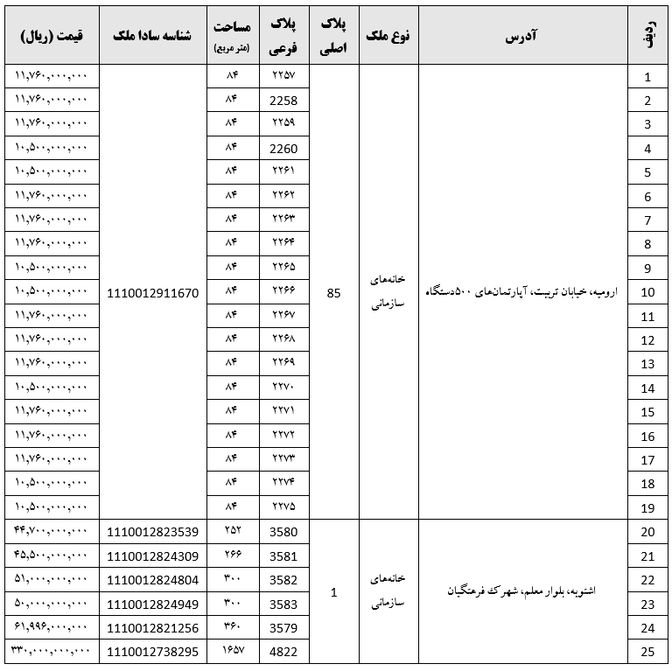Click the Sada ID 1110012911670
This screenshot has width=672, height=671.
pyautogui.click(x=153, y=293)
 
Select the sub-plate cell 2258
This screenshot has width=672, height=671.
pyautogui.click(x=284, y=101)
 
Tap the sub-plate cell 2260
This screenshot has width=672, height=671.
pyautogui.click(x=284, y=149)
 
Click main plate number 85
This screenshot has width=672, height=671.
pyautogui.click(x=333, y=293)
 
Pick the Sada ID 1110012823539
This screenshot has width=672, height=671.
pyautogui.click(x=153, y=531)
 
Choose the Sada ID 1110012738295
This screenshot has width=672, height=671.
pyautogui.click(x=153, y=652)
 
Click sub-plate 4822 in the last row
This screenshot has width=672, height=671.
pyautogui.click(x=284, y=652)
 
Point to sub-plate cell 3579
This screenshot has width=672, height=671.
pyautogui.click(x=284, y=627)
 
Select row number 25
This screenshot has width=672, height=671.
pyautogui.click(x=648, y=652)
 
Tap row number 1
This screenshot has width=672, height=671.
pyautogui.click(x=648, y=77)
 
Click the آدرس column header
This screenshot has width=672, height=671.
pyautogui.click(x=522, y=36)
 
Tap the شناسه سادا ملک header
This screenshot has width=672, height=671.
pyautogui.click(x=153, y=36)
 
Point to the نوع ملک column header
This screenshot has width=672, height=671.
pyautogui.click(x=388, y=36)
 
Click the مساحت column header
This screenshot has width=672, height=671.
pyautogui.click(x=233, y=36)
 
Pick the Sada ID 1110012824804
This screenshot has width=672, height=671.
pyautogui.click(x=153, y=579)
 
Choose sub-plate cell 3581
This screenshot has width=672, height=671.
pyautogui.click(x=284, y=556)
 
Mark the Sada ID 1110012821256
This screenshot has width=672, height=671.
pyautogui.click(x=153, y=627)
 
